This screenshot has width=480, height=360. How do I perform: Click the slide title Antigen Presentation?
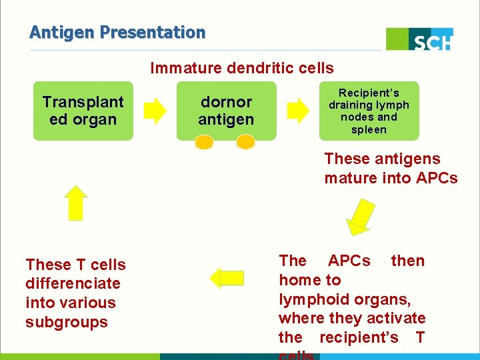click(x=117, y=32)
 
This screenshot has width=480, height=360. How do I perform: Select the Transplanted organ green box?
click(x=83, y=111)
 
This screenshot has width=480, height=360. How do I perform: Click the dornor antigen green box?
click(x=226, y=111)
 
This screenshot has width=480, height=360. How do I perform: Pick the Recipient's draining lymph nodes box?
click(x=369, y=111)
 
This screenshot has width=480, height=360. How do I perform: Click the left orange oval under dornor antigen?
click(x=205, y=142)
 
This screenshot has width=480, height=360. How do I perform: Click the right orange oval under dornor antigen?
click(x=246, y=142)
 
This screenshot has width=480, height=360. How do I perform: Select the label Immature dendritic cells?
click(x=242, y=68)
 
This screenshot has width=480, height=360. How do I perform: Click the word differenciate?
click(x=73, y=283)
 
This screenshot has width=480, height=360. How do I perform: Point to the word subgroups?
click(x=67, y=322)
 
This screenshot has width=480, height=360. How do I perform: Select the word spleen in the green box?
click(x=369, y=129)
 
